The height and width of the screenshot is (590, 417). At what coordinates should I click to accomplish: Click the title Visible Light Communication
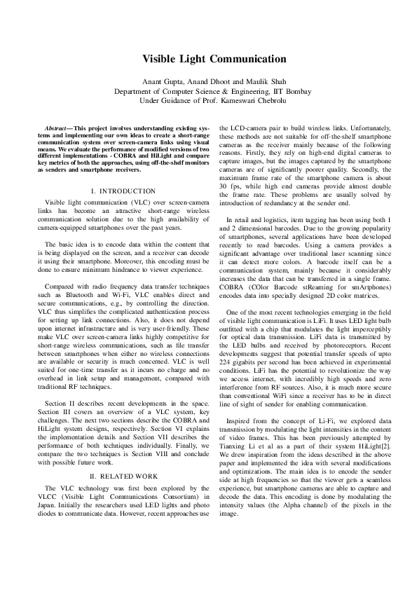coord(209,61)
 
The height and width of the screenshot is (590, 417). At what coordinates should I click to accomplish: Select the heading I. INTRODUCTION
coord(123,191)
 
